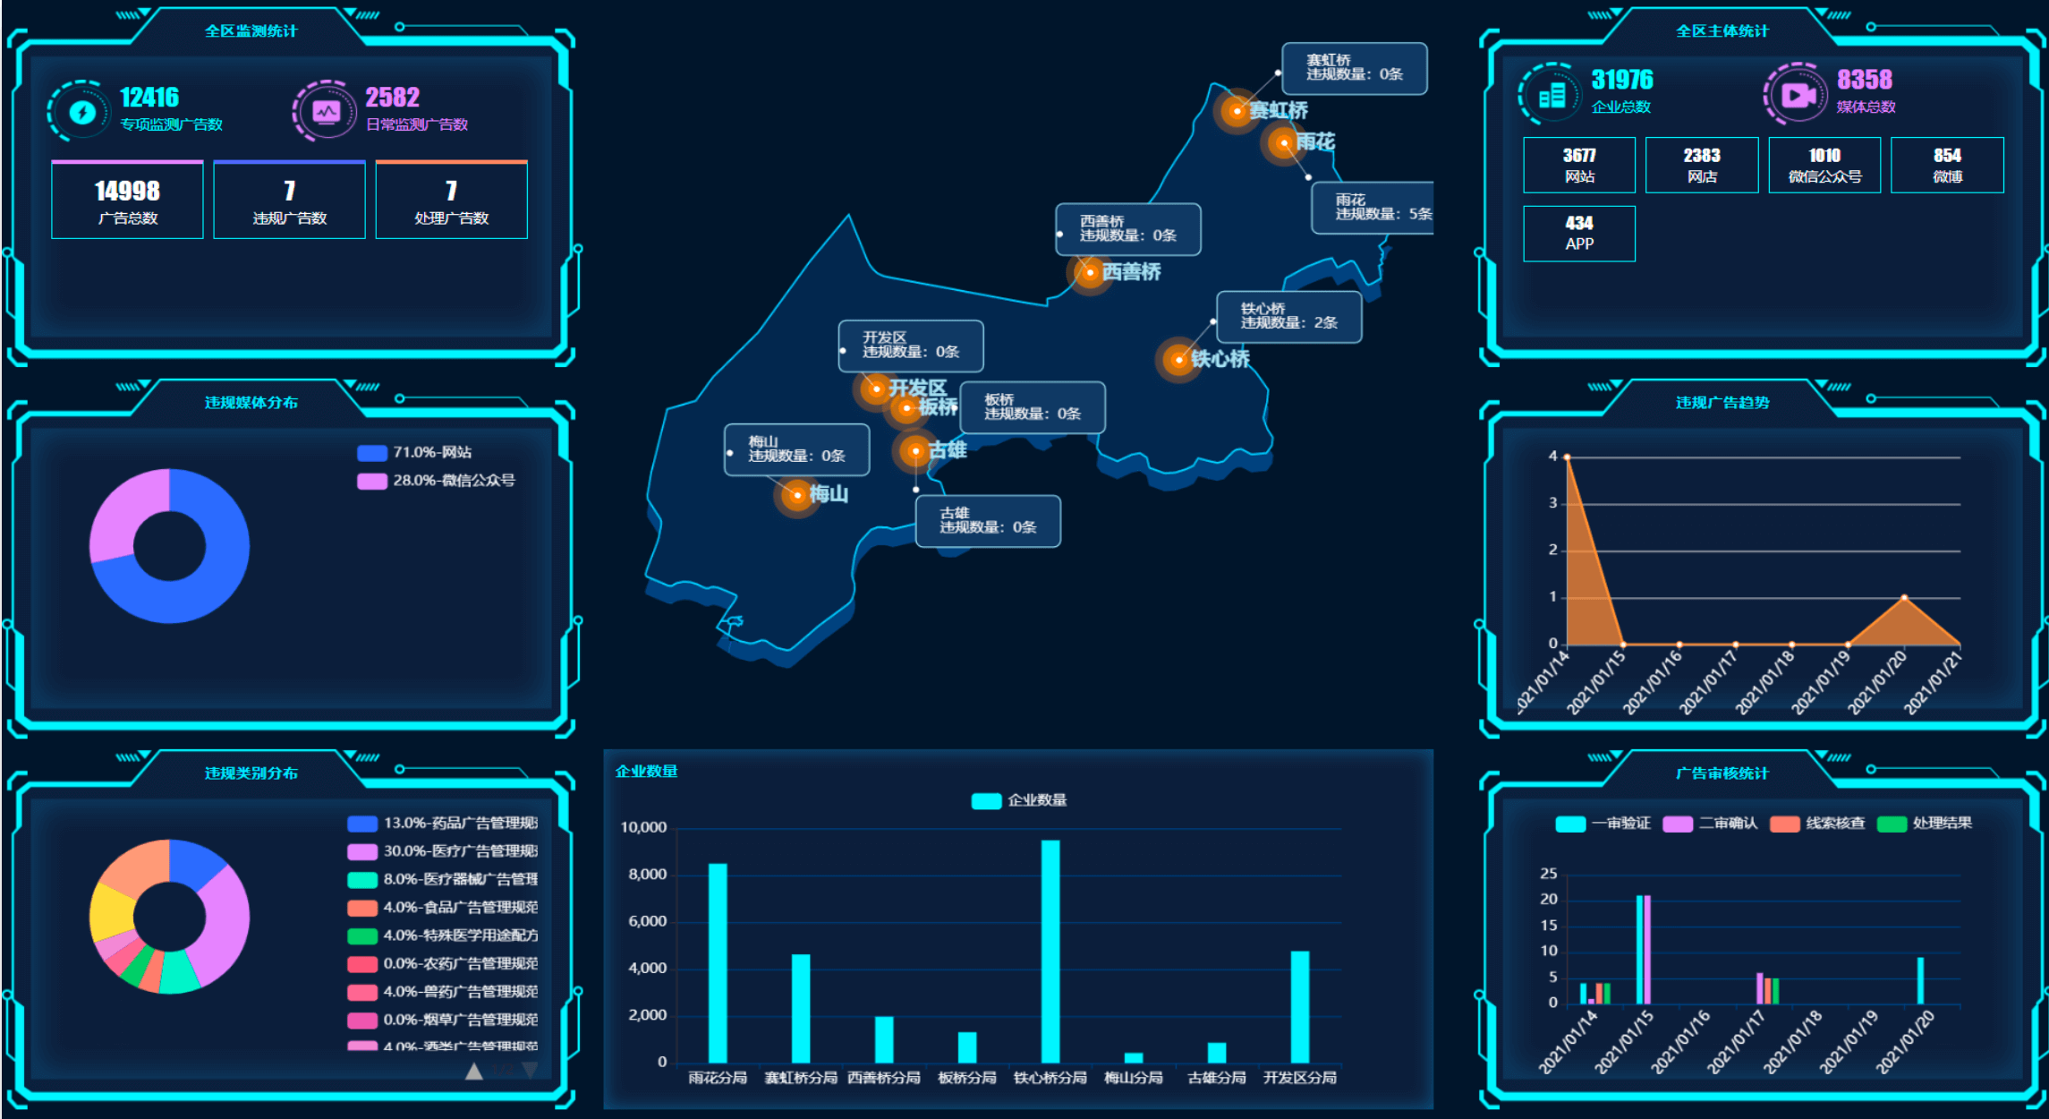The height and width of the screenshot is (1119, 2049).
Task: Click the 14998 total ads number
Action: point(127,191)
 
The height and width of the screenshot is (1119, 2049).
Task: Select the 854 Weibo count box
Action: point(1947,166)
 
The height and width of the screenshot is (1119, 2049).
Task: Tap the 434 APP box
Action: point(1579,234)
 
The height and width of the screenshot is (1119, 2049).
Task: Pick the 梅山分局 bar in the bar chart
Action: point(1134,1057)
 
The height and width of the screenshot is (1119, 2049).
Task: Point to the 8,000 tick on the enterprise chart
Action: point(648,875)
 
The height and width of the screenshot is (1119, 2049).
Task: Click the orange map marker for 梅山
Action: point(797,494)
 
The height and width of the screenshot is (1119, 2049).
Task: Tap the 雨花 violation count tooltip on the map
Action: point(1373,208)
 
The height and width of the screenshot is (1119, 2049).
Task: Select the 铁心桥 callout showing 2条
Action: point(1288,317)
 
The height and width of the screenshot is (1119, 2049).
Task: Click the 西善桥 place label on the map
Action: point(1131,272)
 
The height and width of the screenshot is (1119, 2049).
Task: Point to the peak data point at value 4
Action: point(1567,457)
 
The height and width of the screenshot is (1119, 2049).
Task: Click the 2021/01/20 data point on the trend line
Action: point(1904,597)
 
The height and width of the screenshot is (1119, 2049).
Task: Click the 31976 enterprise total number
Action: point(1622,81)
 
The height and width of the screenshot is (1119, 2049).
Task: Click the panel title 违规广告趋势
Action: point(1722,403)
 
